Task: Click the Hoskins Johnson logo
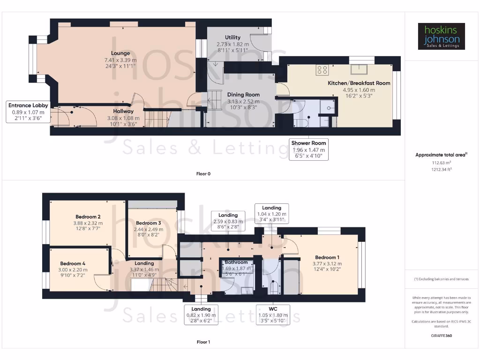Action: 441,37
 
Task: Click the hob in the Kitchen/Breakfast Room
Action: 322,69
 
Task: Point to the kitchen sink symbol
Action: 362,69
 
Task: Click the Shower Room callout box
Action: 308,150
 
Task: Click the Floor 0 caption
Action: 203,174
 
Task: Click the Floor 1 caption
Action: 203,342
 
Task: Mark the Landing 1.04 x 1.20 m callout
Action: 271,214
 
